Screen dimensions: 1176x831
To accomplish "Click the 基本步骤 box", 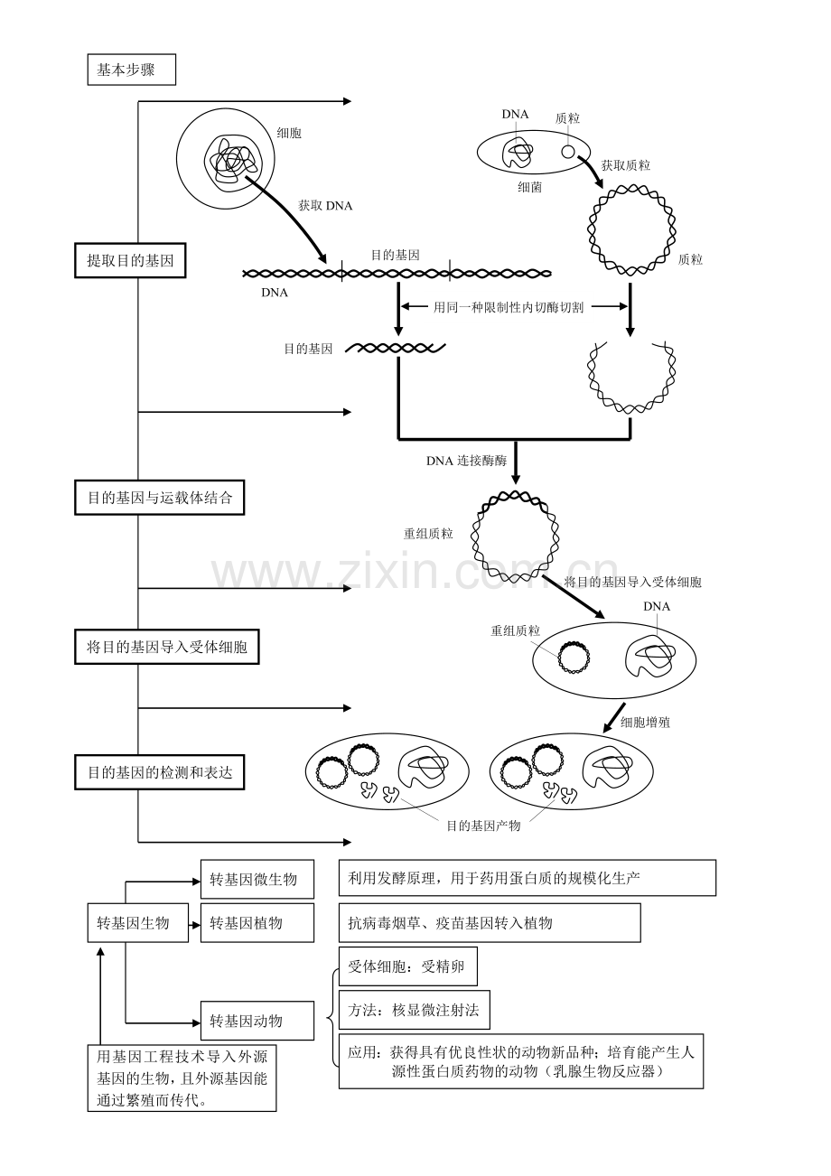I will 131,70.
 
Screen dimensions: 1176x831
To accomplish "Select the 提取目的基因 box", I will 130,262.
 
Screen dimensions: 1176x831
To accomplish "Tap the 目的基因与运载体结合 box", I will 159,498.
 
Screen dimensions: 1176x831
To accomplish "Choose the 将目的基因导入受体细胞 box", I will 166,647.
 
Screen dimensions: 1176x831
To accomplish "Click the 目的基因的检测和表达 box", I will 159,772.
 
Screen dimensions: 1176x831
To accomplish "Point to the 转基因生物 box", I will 137,922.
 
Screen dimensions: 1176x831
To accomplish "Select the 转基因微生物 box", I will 257,879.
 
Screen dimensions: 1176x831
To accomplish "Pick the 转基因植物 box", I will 257,922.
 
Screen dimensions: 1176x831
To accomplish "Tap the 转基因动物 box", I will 257,1021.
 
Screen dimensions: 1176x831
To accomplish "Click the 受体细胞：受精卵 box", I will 407,966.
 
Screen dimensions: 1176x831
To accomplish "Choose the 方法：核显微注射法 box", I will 414,1010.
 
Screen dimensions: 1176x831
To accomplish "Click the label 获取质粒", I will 626,165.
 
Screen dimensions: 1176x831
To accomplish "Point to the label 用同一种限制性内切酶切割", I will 509,307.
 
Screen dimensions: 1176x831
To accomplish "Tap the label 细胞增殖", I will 645,723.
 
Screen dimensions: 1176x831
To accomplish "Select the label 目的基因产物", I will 483,826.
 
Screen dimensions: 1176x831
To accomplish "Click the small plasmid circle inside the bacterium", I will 568,151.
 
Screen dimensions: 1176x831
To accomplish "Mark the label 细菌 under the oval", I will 530,188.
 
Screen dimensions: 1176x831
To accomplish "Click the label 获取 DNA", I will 325,206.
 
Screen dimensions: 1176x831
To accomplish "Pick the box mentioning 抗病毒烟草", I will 489,922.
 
